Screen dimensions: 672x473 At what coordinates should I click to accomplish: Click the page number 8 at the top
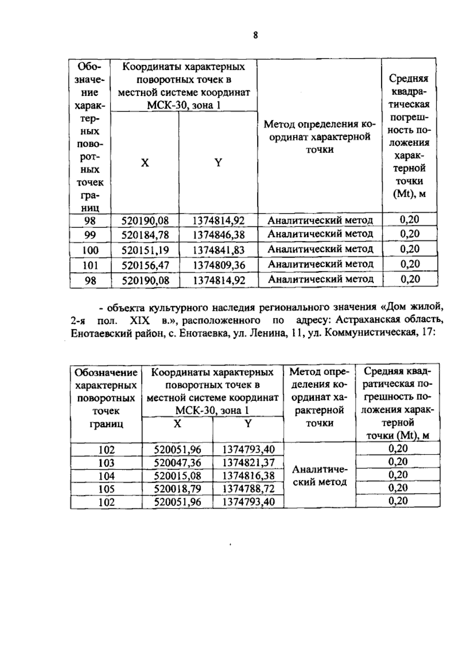(x=255, y=35)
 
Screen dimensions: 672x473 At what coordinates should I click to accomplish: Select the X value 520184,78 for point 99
(x=145, y=235)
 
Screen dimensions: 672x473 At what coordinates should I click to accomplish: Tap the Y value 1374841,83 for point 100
(x=219, y=250)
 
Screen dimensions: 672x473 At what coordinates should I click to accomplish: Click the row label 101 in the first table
(x=90, y=265)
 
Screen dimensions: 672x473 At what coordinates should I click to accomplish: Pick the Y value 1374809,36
(x=219, y=265)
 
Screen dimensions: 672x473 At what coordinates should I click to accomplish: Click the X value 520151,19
(x=145, y=250)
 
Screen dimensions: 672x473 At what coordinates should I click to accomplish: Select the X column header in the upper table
(x=145, y=162)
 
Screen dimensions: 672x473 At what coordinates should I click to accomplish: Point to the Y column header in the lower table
(x=248, y=424)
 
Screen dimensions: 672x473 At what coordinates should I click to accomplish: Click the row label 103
(x=106, y=463)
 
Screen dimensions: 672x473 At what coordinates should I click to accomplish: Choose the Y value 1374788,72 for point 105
(x=248, y=489)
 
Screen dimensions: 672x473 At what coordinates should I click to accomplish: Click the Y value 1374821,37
(x=248, y=463)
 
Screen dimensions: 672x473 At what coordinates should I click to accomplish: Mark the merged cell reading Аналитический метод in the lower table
(x=320, y=476)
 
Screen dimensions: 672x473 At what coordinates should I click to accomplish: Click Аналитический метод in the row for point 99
(x=320, y=234)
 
